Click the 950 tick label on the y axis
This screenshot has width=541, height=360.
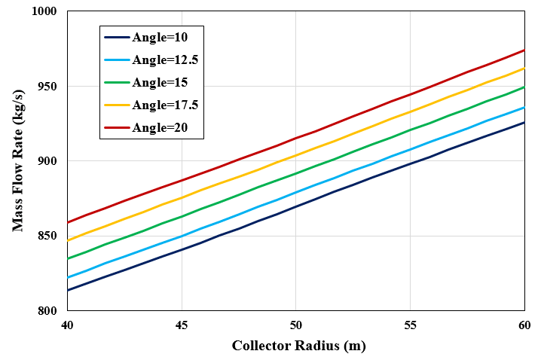point(47,87)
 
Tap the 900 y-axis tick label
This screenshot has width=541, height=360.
point(47,161)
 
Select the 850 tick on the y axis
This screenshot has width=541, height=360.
point(47,236)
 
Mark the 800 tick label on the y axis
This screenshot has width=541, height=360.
point(47,311)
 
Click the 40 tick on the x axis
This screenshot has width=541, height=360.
point(67,325)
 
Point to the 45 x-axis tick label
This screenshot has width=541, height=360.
point(182,325)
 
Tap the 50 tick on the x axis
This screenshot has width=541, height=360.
point(296,325)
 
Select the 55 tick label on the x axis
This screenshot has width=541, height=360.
point(410,325)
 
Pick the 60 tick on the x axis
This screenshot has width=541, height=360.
point(524,325)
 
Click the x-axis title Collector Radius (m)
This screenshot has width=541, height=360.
point(296,346)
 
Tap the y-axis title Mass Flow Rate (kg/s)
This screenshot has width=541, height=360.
point(17,161)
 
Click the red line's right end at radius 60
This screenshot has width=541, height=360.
point(524,50)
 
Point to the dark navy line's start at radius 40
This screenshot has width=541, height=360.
point(67,291)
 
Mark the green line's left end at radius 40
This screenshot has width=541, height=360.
point(67,259)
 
